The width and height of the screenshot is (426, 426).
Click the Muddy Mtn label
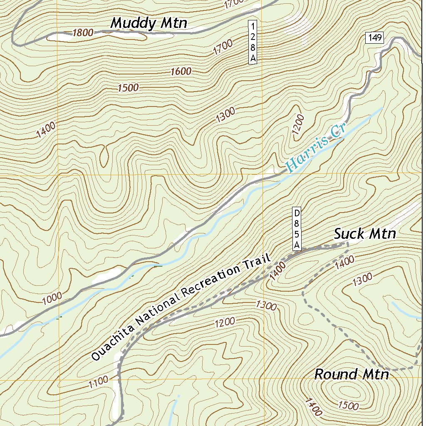[149, 23]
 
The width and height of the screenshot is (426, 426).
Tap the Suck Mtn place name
[365, 234]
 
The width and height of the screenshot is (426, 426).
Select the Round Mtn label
[352, 374]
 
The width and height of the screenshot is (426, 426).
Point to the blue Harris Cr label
[316, 149]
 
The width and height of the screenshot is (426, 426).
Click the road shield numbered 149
[374, 38]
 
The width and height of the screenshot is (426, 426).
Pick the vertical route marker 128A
[253, 42]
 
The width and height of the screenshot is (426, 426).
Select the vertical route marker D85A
[297, 229]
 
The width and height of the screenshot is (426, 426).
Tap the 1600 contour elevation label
[181, 72]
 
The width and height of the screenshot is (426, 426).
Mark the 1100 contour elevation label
[99, 381]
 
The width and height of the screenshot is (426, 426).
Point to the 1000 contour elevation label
[52, 297]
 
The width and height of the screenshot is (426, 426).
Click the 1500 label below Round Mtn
[348, 405]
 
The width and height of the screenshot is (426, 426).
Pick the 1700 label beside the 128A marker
[223, 50]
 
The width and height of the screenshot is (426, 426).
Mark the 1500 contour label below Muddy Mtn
[128, 88]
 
